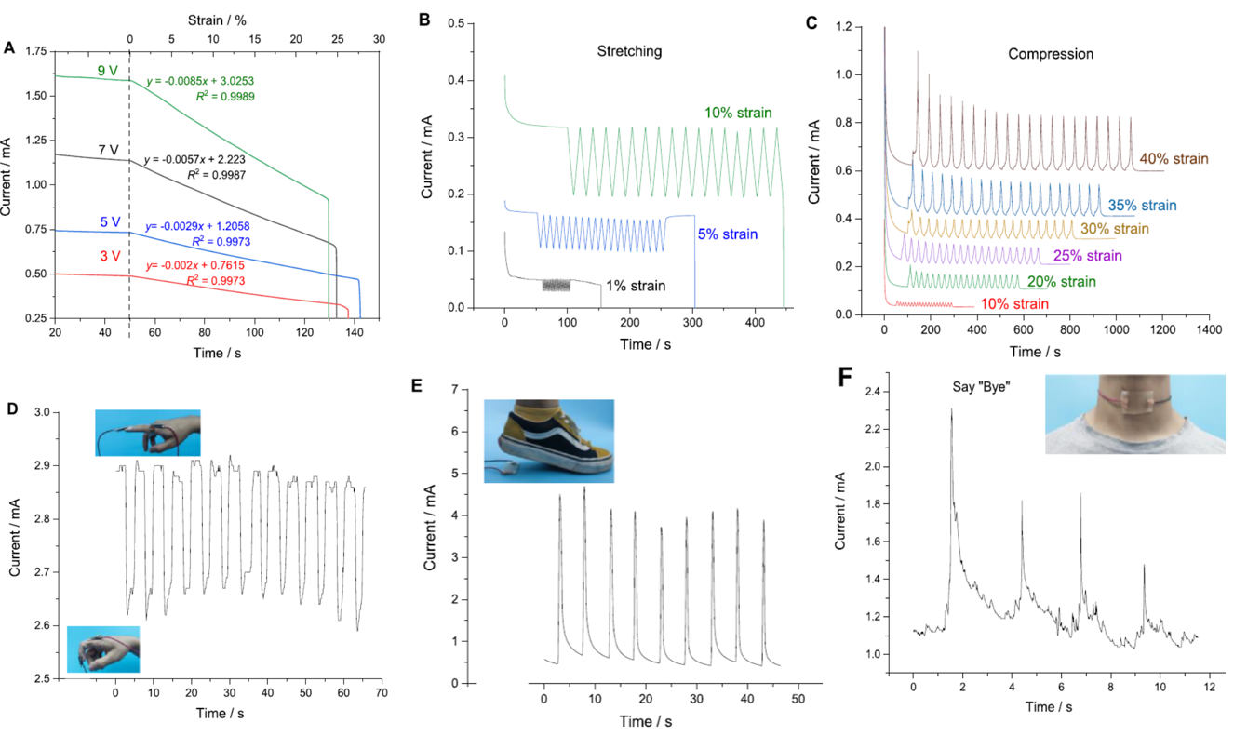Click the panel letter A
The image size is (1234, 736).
9,47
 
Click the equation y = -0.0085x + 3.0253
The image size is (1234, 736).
200,82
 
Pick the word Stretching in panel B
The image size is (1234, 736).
629,51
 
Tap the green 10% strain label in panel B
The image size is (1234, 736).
738,114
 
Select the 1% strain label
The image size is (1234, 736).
636,286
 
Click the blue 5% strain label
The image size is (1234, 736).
727,234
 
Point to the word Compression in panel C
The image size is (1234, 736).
1051,54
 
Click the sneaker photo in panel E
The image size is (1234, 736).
549,440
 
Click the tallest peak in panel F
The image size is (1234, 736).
951,410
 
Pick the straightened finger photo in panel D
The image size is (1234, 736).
147,433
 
